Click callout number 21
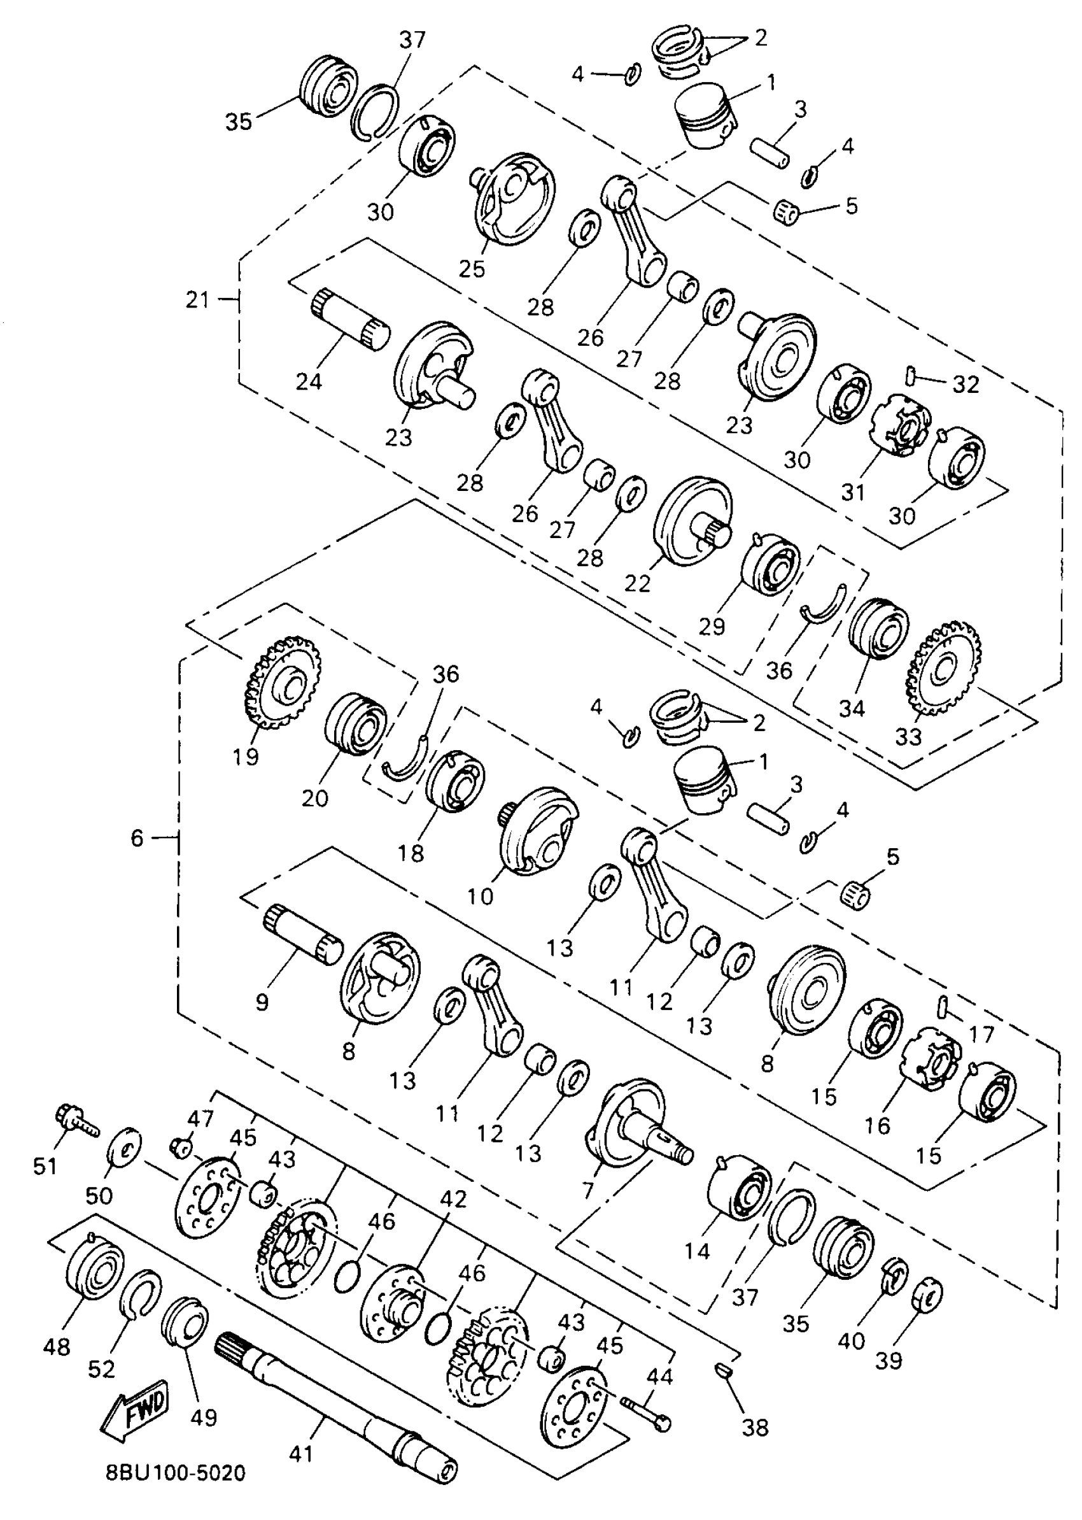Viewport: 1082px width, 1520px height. [x=198, y=300]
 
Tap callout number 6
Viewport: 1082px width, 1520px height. [x=137, y=838]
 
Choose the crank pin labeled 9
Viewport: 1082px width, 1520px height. [x=304, y=934]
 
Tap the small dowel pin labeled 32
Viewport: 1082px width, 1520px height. [x=910, y=375]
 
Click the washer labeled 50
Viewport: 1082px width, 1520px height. [x=125, y=1147]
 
